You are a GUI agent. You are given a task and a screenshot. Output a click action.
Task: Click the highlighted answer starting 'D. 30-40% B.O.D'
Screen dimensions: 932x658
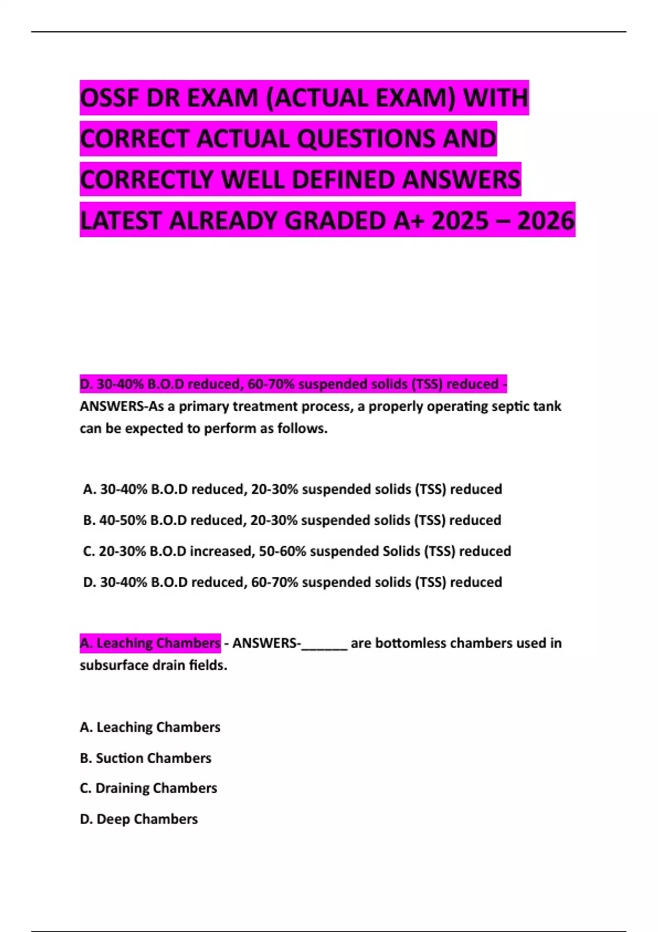(x=293, y=384)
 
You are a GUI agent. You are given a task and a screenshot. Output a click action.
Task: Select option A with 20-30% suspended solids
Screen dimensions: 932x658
(x=292, y=489)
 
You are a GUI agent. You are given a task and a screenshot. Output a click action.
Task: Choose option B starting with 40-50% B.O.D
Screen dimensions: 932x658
(x=292, y=520)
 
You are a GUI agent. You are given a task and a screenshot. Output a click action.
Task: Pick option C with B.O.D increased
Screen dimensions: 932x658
(x=297, y=551)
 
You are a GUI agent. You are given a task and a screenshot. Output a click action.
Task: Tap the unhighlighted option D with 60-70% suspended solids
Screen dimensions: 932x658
(x=292, y=582)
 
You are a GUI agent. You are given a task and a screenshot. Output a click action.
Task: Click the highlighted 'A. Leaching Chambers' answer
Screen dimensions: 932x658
(x=150, y=643)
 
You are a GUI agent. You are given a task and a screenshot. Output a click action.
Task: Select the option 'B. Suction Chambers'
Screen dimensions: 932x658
(x=145, y=758)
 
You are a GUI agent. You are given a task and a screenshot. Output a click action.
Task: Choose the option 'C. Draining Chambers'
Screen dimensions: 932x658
(x=148, y=788)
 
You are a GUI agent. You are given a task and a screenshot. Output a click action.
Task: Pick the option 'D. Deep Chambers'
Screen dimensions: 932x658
(x=139, y=819)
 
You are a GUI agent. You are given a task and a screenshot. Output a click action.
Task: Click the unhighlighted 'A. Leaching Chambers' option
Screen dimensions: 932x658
(x=150, y=727)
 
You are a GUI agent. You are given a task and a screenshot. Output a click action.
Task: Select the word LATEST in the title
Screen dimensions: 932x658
(x=121, y=220)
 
